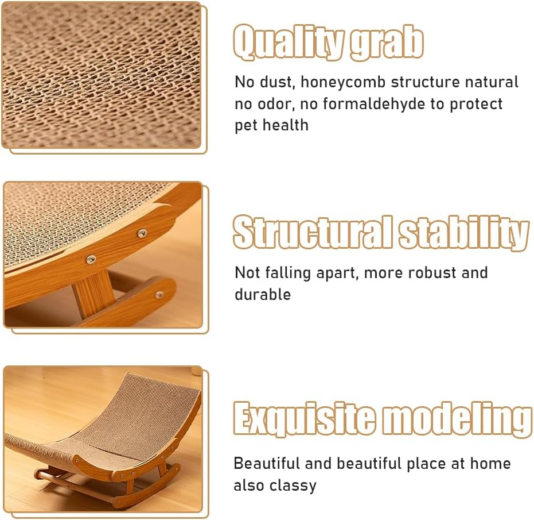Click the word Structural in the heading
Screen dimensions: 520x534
pyautogui.click(x=313, y=233)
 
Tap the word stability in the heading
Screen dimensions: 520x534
pyautogui.click(x=463, y=233)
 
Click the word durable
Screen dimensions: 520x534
pyautogui.click(x=262, y=294)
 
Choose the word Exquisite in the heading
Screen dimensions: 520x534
pyautogui.click(x=305, y=420)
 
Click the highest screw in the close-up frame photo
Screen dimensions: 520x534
pyautogui.click(x=142, y=233)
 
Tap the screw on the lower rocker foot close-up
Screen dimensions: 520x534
pyautogui.click(x=159, y=294)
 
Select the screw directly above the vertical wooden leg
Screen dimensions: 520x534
pyautogui.click(x=91, y=260)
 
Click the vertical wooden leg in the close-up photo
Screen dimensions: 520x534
pyautogui.click(x=92, y=293)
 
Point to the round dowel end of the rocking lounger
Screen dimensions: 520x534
pyautogui.click(x=40, y=475)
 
